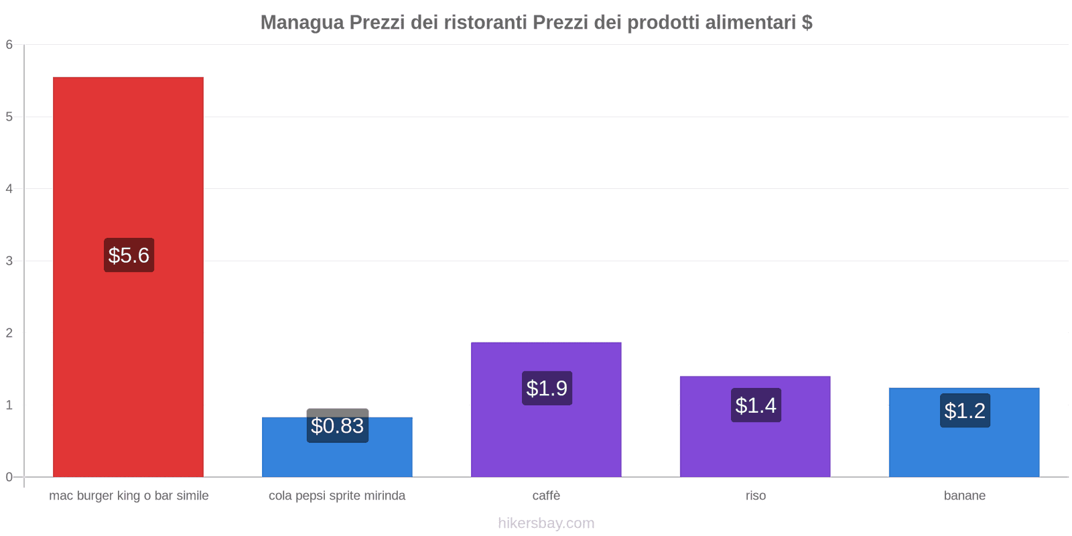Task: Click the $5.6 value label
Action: coord(129,255)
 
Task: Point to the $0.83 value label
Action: coord(337,425)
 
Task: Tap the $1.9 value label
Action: coord(547,388)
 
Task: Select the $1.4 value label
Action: coord(756,405)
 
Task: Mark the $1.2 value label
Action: coord(965,411)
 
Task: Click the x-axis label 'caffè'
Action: coord(546,496)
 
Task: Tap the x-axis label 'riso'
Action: coord(755,496)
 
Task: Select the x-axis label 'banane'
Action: coord(964,496)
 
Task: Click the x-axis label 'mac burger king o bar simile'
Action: coord(129,496)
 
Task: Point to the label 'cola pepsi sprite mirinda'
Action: coord(337,496)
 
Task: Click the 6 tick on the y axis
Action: coord(9,45)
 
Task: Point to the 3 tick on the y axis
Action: coord(9,261)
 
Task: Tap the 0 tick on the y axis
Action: coord(9,477)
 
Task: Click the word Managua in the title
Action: coord(301,22)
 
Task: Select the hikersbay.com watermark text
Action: coord(546,523)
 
